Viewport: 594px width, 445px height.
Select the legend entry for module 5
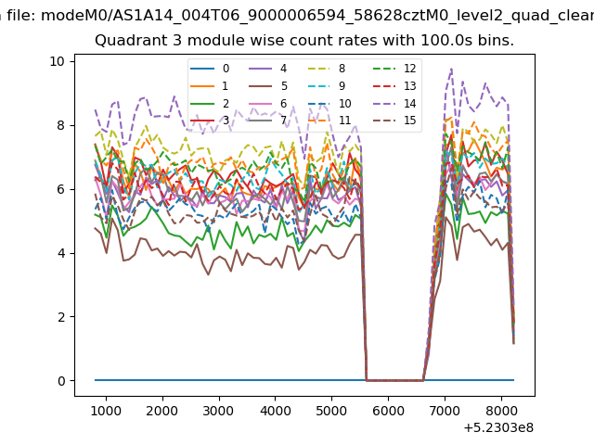[x=268, y=86]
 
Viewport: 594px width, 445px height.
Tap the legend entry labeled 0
[x=210, y=69]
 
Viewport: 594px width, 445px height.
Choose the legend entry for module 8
[x=326, y=69]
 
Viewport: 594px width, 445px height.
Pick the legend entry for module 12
[x=394, y=69]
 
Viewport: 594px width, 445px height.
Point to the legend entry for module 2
[x=210, y=103]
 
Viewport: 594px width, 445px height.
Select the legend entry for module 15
[x=394, y=121]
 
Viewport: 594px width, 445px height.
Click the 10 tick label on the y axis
[x=57, y=61]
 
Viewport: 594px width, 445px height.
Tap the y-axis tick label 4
[x=61, y=253]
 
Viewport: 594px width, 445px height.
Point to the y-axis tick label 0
[x=61, y=381]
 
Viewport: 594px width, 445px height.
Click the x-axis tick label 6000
[x=388, y=411]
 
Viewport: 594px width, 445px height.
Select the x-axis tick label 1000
[x=106, y=411]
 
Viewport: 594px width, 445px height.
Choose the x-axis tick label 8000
[x=501, y=411]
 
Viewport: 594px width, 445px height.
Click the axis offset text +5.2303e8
[x=498, y=427]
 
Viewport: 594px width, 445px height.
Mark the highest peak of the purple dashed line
[x=451, y=69]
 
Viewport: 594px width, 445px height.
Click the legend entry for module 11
[x=326, y=121]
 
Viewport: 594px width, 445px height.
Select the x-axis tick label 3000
[x=219, y=411]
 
